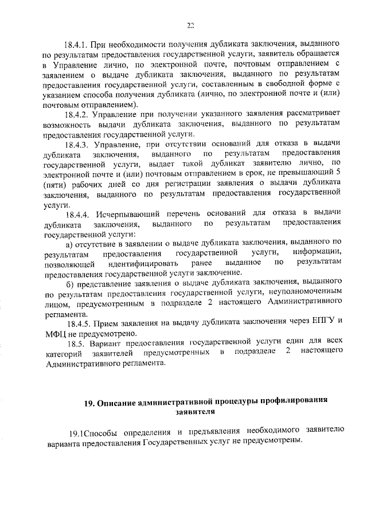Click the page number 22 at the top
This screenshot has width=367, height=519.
(191, 24)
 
